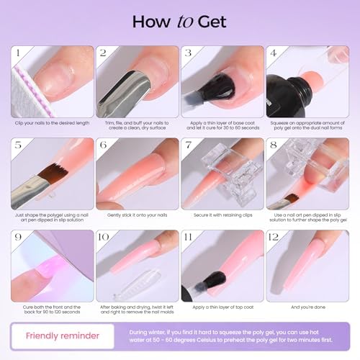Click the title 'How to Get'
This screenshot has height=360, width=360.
coord(180,22)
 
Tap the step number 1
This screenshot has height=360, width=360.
coord(18,54)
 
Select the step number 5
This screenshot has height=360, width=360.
coord(18,146)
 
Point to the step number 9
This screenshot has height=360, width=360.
coord(18,238)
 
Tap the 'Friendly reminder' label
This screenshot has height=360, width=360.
coord(63,335)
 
